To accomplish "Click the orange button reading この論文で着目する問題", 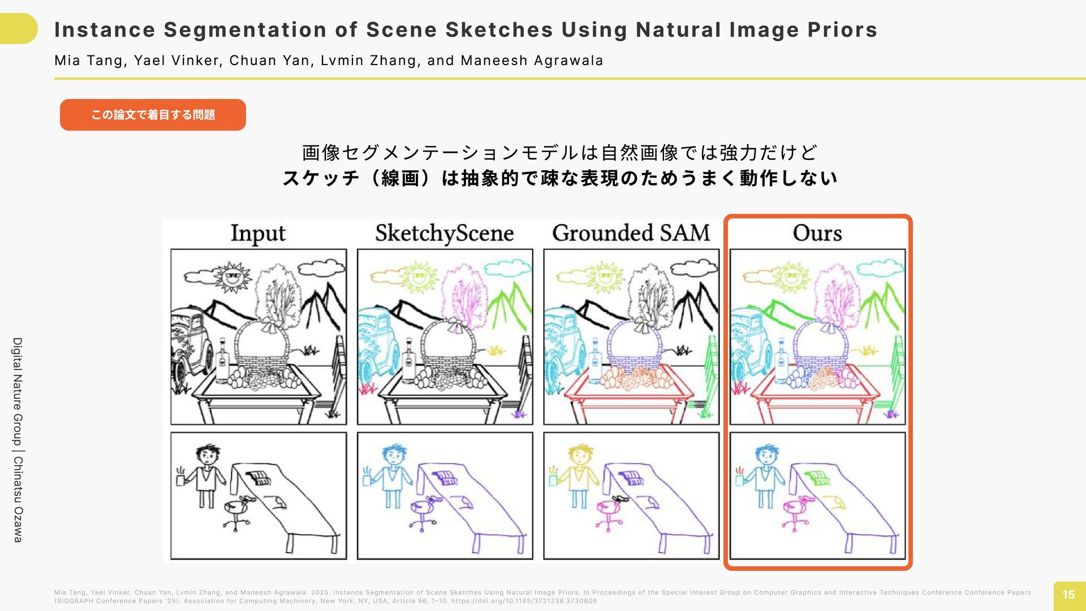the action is point(153,115).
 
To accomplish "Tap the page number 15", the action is point(1068,595).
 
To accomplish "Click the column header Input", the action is point(258,234).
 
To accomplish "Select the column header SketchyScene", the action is point(445,234).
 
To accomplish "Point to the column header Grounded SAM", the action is point(631,233).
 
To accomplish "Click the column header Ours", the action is point(817,233).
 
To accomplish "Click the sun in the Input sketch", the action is point(231,277).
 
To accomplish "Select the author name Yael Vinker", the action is point(176,61).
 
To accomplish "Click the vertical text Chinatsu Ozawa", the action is point(18,499).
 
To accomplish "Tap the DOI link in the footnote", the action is point(523,601).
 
